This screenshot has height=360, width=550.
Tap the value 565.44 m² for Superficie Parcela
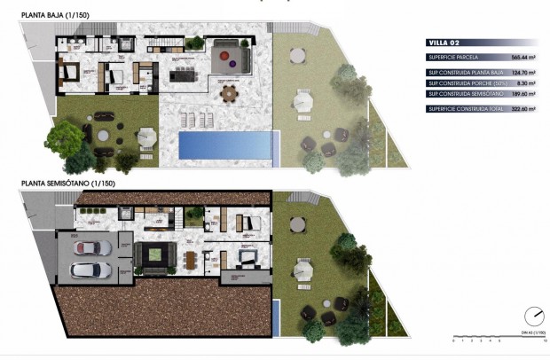523,57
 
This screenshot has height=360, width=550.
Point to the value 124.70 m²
523,73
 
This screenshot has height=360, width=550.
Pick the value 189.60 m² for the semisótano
523,94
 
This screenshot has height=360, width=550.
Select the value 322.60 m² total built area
523,109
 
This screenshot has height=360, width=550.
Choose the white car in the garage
89,270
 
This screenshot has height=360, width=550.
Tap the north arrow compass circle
534,317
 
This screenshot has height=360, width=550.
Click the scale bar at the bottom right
497,338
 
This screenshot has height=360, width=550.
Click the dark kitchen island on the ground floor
186,73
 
